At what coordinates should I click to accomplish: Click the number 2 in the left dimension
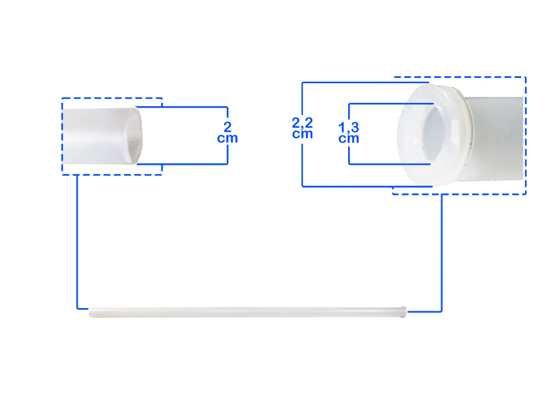coord(228,127)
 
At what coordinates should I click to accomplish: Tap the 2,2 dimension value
coord(302,123)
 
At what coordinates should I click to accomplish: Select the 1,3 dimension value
coord(349,127)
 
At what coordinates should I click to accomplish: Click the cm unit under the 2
coord(227,138)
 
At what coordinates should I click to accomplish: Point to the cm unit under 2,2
coord(302,134)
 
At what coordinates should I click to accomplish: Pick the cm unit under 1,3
coord(349,138)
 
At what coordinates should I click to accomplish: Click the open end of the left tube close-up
coord(135,136)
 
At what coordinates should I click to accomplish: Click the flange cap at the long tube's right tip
coord(404,312)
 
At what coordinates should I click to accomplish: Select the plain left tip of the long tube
coord(91,312)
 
